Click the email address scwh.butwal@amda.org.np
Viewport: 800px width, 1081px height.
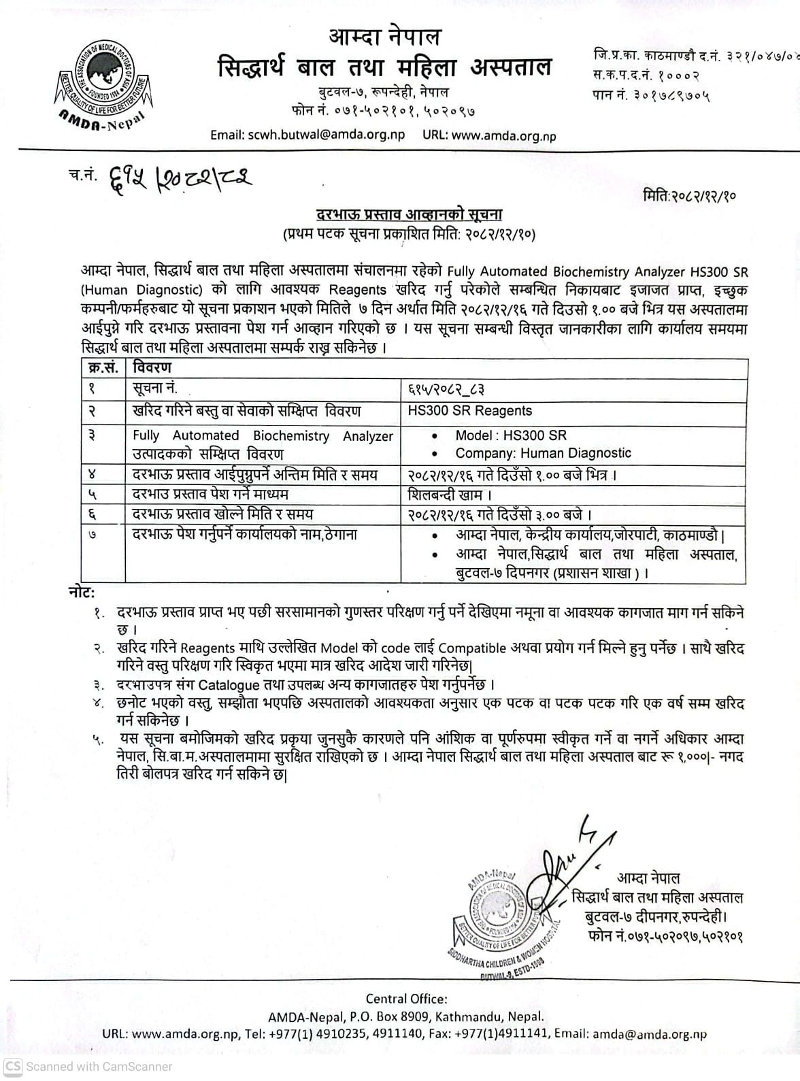point(307,135)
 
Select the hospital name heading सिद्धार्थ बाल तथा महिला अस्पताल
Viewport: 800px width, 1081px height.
point(384,68)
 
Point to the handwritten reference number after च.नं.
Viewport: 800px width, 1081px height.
point(176,178)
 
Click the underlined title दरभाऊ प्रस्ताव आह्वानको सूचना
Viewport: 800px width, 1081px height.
point(410,215)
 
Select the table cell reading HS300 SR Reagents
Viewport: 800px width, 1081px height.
point(469,411)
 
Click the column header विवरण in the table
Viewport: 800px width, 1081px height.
point(152,368)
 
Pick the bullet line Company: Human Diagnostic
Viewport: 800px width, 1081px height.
point(543,453)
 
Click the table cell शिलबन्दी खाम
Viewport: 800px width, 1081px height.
point(450,495)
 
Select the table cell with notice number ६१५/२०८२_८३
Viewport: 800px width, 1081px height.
point(446,390)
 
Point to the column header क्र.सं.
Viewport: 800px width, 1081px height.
point(103,368)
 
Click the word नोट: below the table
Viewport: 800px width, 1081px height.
point(82,592)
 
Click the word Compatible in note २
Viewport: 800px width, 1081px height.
point(472,648)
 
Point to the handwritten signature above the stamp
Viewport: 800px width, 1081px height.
point(571,864)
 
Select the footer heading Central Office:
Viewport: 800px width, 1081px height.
point(406,999)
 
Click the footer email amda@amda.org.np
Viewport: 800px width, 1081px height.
point(649,1035)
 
